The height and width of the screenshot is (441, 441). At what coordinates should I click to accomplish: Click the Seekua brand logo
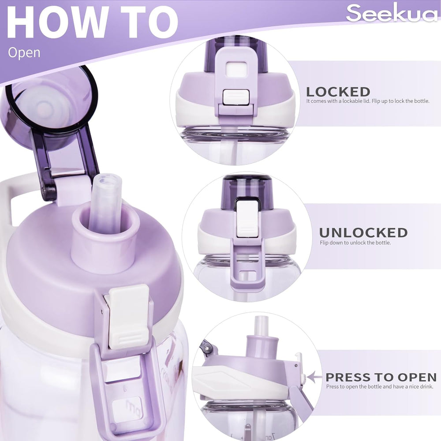[392, 13]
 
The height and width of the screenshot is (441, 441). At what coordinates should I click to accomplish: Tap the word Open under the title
[24, 52]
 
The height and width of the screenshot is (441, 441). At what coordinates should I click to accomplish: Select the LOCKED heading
[338, 92]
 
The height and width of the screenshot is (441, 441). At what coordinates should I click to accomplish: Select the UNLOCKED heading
[363, 232]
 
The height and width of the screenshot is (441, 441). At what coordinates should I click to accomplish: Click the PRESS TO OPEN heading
[381, 377]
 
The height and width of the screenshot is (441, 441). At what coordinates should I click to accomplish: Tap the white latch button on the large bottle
[128, 316]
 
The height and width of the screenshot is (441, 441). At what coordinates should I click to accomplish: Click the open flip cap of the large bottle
[51, 121]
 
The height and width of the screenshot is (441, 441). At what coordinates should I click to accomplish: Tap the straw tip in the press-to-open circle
[260, 325]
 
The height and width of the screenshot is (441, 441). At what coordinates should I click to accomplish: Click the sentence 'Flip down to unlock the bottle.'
[355, 243]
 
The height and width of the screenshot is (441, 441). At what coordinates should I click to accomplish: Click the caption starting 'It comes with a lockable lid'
[368, 101]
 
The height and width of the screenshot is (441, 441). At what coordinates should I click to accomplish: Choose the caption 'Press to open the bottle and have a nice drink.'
[380, 387]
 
